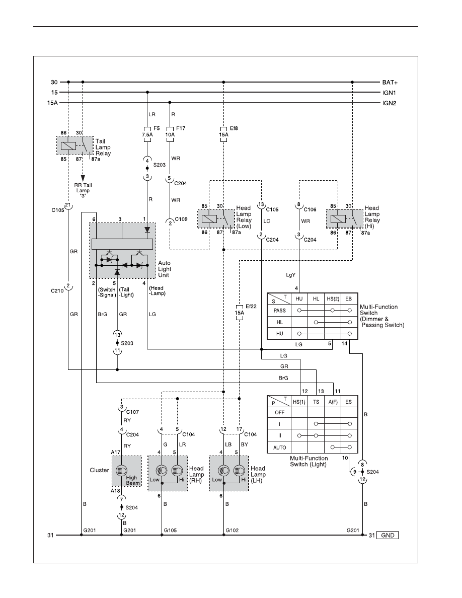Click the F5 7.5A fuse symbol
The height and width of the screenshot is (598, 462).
pos(147,134)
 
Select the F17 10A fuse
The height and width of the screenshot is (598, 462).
pos(170,134)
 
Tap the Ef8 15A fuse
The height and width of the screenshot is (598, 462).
pos(224,134)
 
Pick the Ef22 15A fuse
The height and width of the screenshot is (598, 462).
pos(240,313)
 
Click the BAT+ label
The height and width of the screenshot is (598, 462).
pos(390,83)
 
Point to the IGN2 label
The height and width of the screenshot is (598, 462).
pos(389,103)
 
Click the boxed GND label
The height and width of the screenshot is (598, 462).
pos(388,535)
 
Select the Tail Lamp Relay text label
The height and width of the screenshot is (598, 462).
pos(103,147)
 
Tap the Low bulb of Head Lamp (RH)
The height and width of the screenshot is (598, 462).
pos(162,470)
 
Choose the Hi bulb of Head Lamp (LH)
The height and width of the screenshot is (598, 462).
pos(239,470)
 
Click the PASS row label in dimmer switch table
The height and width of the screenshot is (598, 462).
pos(279,311)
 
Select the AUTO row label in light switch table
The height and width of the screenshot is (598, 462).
pos(279,447)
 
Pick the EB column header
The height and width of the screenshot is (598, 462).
pos(348,299)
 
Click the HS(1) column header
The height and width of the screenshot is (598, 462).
pos(299,402)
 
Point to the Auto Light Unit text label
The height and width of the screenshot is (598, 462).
pos(165,269)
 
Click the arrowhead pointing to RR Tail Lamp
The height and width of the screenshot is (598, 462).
pos(83,178)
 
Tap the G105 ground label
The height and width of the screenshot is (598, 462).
pos(171,530)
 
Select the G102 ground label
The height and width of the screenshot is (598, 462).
pos(232,530)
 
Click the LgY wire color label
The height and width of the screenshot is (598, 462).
pos(291,275)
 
